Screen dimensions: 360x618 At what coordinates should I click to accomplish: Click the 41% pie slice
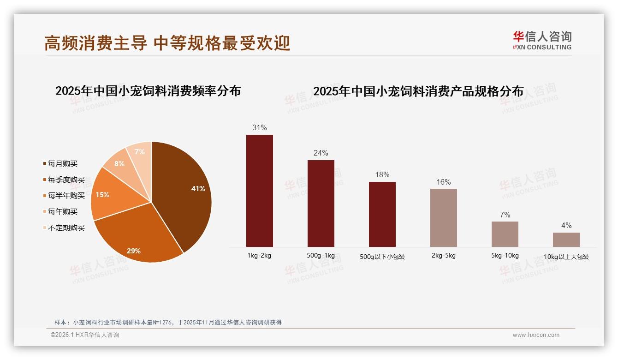[x=184, y=194]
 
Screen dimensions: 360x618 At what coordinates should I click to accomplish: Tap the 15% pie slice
[x=111, y=196]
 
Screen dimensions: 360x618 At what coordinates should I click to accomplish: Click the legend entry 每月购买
[x=63, y=164]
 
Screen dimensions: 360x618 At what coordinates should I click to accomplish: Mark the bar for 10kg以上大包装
[x=566, y=240]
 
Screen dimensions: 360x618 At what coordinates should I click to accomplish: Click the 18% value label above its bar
[x=382, y=174]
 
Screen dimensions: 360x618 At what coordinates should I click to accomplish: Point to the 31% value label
[x=260, y=127]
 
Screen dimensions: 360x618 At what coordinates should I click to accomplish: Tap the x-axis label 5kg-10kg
[x=505, y=256]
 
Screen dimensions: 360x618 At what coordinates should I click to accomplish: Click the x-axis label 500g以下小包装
[x=382, y=257]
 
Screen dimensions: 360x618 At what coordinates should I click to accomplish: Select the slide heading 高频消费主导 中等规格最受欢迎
[x=167, y=43]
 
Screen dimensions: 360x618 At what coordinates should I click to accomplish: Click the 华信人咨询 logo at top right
[x=542, y=40]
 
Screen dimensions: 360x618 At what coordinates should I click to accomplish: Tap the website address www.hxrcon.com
[x=536, y=335]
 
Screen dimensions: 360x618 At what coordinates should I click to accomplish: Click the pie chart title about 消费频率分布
[x=148, y=90]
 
